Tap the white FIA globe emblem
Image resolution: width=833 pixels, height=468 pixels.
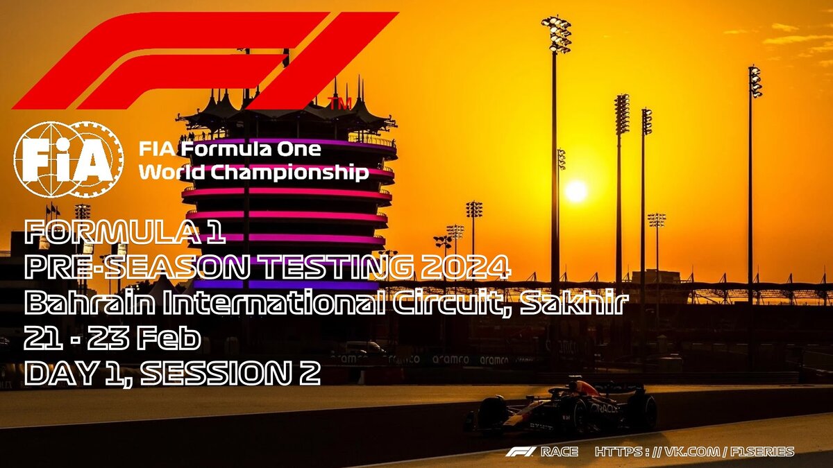tap(69, 159)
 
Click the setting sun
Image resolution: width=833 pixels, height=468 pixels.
tap(576, 191)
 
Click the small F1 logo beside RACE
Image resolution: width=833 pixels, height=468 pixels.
tap(520, 452)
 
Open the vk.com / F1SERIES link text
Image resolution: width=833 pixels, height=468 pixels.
tap(694, 452)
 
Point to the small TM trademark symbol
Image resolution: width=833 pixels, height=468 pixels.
tap(339, 103)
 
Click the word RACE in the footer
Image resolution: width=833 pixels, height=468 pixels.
tap(559, 452)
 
